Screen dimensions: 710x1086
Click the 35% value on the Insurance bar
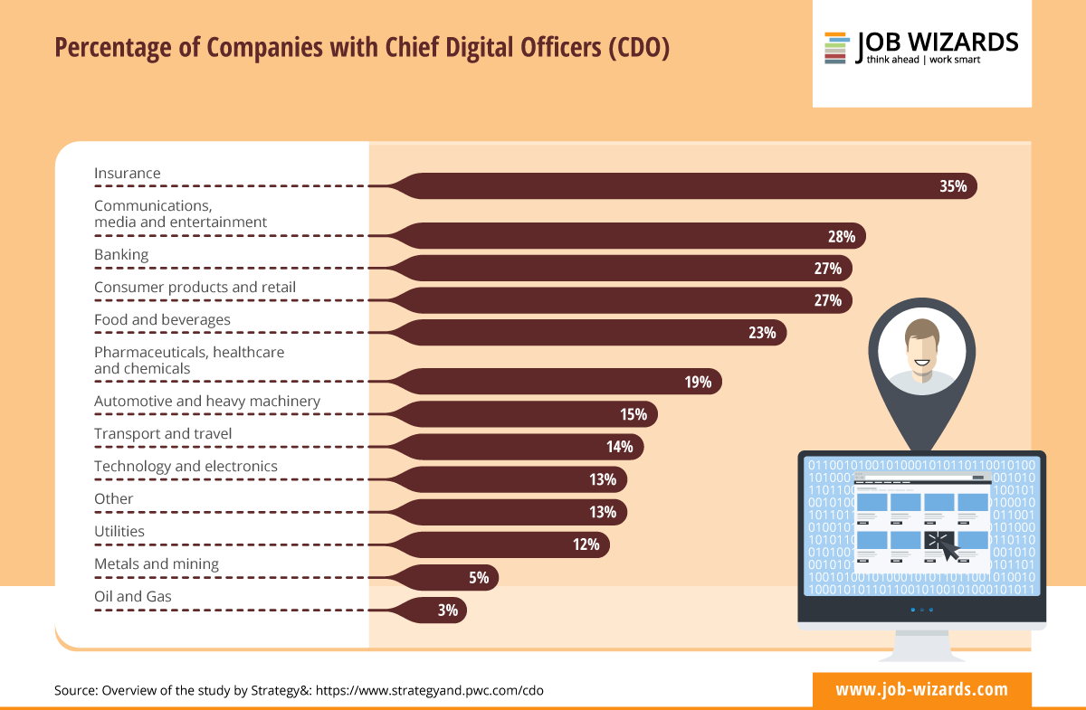click(x=953, y=187)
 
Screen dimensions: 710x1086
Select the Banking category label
click(x=121, y=255)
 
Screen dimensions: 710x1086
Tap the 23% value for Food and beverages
click(x=762, y=333)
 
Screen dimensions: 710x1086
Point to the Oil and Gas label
click(x=133, y=597)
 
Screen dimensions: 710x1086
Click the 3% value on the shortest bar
click(x=447, y=611)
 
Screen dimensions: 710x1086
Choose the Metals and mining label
click(x=157, y=564)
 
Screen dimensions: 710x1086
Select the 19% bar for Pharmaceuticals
click(x=561, y=382)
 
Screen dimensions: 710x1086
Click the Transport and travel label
click(x=163, y=434)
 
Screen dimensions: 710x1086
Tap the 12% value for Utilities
click(x=586, y=544)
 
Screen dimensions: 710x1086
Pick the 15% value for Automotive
click(x=633, y=414)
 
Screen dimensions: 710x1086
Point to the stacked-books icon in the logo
click(x=835, y=48)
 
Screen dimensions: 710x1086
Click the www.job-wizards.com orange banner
click(x=921, y=689)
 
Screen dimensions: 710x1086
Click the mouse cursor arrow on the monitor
click(x=942, y=545)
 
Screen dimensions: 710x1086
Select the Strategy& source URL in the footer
click(x=430, y=690)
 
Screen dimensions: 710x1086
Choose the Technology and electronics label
click(x=186, y=467)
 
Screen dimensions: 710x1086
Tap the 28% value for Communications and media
click(x=841, y=237)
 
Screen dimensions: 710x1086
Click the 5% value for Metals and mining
click(x=479, y=577)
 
